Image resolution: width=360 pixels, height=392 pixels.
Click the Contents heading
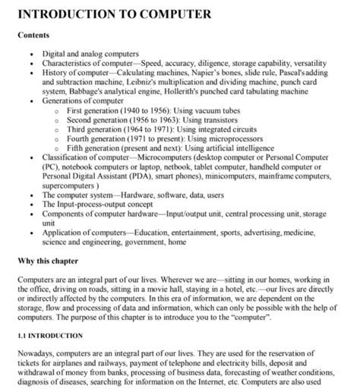(x=36, y=35)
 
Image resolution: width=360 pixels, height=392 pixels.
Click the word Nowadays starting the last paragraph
(x=39, y=353)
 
